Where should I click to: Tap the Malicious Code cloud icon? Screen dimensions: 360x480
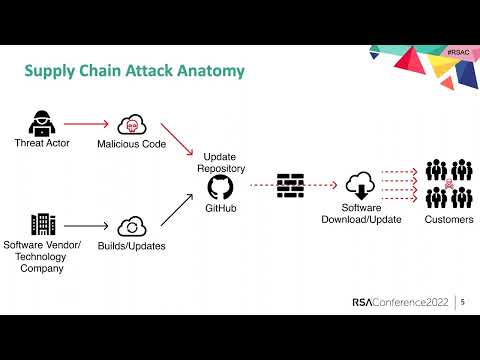pos(131,125)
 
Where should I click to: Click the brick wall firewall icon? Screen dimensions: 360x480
pos(291,185)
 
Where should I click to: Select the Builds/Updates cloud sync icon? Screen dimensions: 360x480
pos(132,226)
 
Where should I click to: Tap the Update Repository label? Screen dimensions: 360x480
pos(220,163)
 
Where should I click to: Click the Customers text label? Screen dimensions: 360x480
pos(449,220)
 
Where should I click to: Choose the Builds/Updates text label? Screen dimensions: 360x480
pos(132,246)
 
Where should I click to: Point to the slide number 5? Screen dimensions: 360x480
pos(463,301)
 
